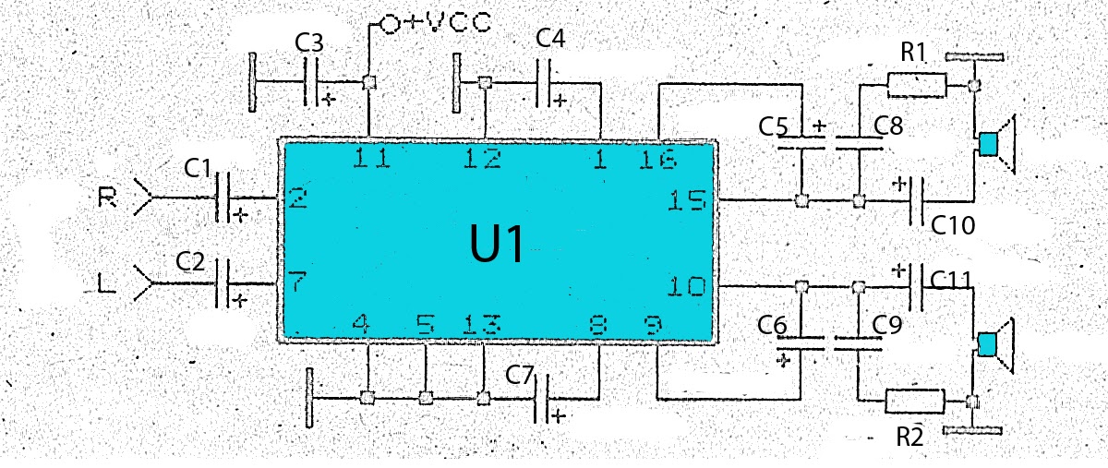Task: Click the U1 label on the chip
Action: [x=498, y=246]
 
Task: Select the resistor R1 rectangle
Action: [x=916, y=87]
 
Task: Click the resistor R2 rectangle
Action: [x=915, y=401]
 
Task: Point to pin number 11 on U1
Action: [x=372, y=160]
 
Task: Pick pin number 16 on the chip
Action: [x=659, y=161]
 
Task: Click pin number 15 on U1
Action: [x=688, y=200]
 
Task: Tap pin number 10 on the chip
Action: [x=688, y=287]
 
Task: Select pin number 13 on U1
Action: [x=481, y=325]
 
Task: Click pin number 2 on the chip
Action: [x=296, y=197]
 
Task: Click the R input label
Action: [x=106, y=198]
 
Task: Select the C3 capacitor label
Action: [x=309, y=42]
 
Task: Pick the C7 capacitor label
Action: [x=520, y=375]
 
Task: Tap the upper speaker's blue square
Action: [x=988, y=144]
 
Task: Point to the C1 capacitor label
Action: [x=199, y=168]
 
